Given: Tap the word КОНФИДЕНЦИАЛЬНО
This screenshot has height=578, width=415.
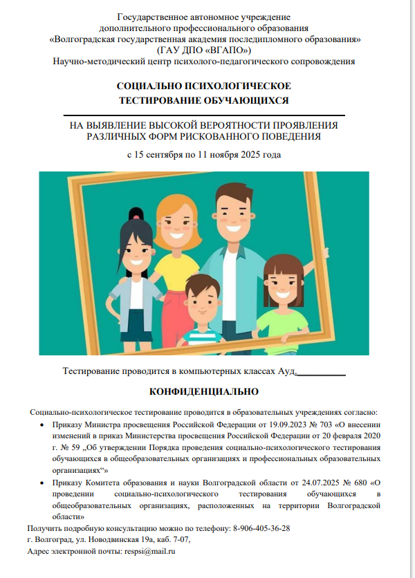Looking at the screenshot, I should point(204,391).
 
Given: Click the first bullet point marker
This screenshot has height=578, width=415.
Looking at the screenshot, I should point(43,426).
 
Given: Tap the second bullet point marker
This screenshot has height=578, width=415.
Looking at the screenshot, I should point(43,483).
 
